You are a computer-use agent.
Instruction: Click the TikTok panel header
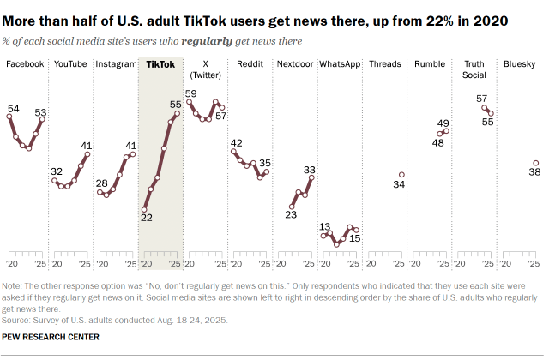click(160, 64)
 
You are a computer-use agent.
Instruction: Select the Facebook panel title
click(26, 64)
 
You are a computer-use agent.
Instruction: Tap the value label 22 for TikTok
click(145, 219)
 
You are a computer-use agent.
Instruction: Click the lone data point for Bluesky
click(535, 163)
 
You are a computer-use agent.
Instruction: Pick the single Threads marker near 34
click(401, 175)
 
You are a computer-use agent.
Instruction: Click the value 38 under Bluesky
click(534, 172)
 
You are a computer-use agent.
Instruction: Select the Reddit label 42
click(236, 143)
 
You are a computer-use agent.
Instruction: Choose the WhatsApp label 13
click(325, 227)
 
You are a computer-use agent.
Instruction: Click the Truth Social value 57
click(482, 99)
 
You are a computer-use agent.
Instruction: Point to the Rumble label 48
click(437, 143)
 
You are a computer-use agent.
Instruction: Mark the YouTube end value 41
click(87, 145)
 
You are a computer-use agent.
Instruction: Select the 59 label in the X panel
click(190, 93)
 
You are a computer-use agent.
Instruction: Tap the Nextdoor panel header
click(294, 64)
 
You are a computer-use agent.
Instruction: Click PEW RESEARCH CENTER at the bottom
click(51, 338)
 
